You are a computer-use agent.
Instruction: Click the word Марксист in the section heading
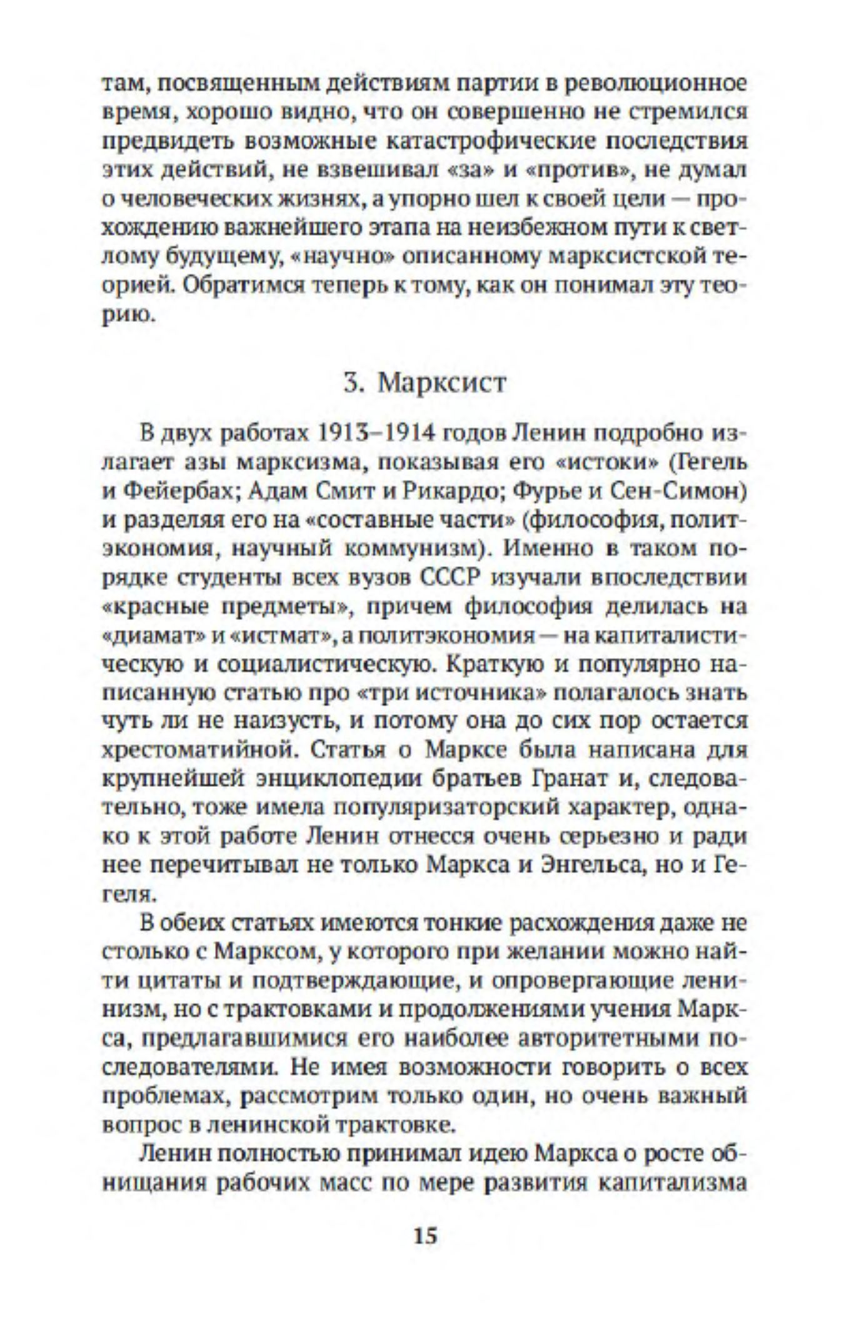pyautogui.click(x=442, y=382)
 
